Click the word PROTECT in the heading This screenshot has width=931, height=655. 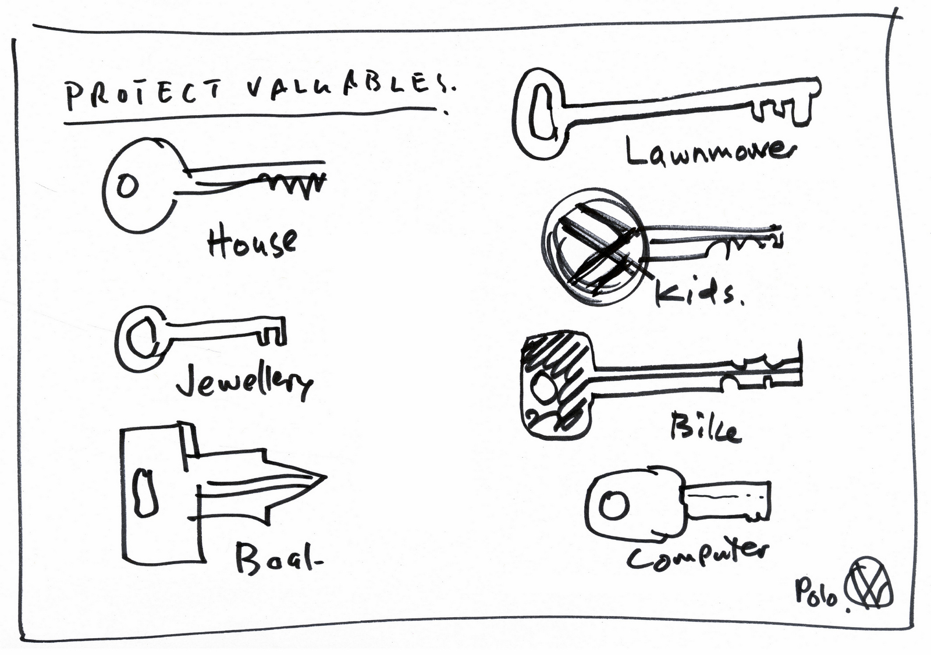[143, 95]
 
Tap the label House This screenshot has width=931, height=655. [252, 241]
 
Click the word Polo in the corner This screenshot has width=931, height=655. [816, 593]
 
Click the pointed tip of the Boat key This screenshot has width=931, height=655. [317, 478]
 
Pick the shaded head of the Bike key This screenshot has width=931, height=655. [556, 384]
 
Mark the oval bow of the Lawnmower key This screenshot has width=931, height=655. [540, 113]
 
